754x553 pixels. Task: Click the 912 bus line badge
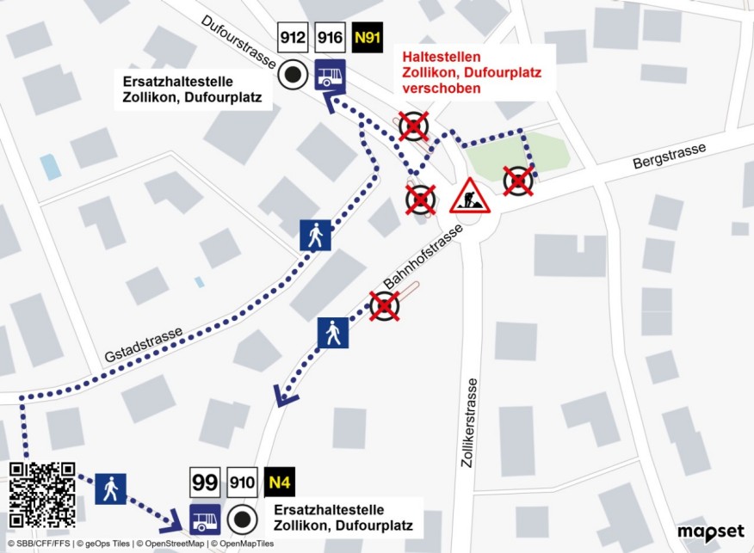[293, 39]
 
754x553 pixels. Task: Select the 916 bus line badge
[330, 39]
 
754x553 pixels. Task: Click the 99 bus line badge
[205, 482]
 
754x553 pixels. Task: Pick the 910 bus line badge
[243, 482]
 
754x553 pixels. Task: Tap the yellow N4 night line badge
[280, 482]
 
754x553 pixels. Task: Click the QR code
[42, 494]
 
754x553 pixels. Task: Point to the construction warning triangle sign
[469, 197]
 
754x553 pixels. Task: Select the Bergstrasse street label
[669, 156]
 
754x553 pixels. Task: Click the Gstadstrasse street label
[144, 345]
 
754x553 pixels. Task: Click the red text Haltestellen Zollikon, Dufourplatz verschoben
[473, 72]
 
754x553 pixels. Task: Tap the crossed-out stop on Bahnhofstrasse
[384, 304]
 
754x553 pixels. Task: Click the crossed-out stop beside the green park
[518, 181]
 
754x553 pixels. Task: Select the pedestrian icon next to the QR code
[110, 489]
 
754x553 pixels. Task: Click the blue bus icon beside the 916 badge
[330, 75]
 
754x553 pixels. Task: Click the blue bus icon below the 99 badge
[205, 519]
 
